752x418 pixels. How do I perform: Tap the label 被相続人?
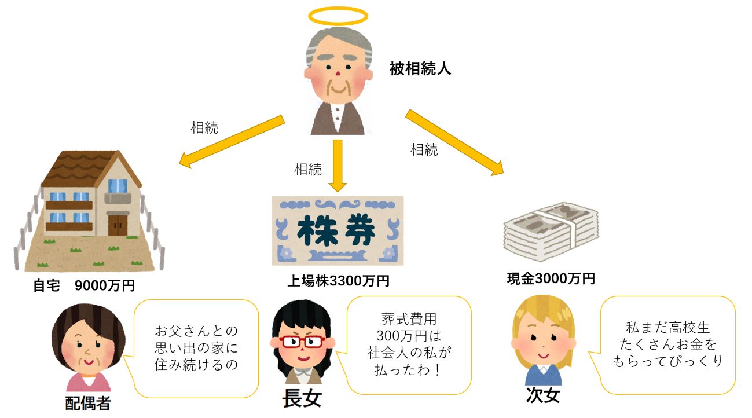420,70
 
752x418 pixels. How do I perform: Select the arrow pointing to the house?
232,141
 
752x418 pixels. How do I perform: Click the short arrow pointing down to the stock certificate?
338,165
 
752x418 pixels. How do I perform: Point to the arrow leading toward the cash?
454,142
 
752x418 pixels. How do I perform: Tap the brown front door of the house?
118,225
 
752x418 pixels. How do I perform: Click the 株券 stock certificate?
338,230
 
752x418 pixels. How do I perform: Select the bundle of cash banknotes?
551,231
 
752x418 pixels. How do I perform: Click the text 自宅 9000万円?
84,285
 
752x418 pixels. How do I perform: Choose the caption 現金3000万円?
551,279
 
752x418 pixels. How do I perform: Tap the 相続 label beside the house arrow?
204,127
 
